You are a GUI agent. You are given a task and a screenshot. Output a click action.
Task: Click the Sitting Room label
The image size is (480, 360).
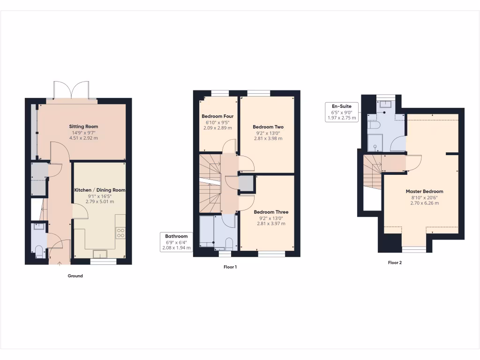(x=83, y=127)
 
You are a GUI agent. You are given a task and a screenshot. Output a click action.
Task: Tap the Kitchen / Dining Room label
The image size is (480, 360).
(x=100, y=190)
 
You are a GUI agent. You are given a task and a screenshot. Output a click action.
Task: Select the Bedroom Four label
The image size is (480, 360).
(x=217, y=116)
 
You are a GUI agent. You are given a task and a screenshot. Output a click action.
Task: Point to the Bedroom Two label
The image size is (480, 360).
(x=268, y=127)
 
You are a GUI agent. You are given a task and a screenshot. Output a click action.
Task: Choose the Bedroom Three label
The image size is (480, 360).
(x=271, y=212)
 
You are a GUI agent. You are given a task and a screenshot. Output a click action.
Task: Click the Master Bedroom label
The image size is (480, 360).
(x=424, y=191)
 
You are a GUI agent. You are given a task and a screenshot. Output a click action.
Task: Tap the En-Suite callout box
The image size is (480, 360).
(x=342, y=112)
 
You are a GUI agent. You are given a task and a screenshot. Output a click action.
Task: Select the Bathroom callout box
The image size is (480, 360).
(x=176, y=242)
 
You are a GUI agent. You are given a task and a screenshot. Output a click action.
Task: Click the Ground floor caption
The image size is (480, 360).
(x=75, y=276)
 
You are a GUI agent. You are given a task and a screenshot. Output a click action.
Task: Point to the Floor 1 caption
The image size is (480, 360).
(x=230, y=267)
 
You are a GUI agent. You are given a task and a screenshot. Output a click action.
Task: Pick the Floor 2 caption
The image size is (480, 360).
(x=395, y=263)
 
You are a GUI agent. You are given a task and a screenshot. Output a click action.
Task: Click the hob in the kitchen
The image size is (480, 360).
(x=120, y=233)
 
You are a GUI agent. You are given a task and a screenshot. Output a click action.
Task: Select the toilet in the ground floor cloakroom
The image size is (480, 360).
(x=39, y=251)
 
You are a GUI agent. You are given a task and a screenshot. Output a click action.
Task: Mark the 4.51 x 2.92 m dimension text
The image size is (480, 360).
(x=83, y=138)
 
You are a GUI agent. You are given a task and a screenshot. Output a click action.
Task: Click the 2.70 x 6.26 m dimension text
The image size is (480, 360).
(x=424, y=203)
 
